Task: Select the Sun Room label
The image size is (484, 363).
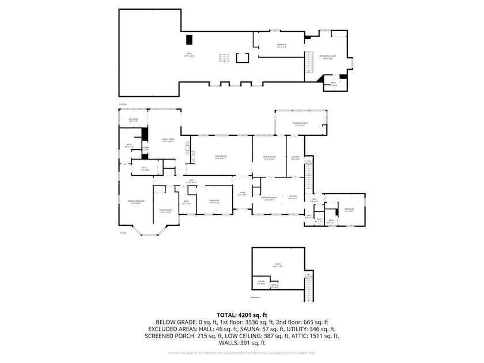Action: click(133, 120)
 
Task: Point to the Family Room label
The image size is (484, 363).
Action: click(168, 140)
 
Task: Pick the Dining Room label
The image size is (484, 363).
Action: click(269, 157)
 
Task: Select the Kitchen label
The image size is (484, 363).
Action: click(293, 198)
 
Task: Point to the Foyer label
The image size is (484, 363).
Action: click(243, 194)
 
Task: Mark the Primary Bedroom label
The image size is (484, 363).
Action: click(136, 202)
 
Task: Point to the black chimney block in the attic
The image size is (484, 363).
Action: click(189, 40)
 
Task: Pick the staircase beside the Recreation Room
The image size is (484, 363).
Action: click(308, 62)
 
